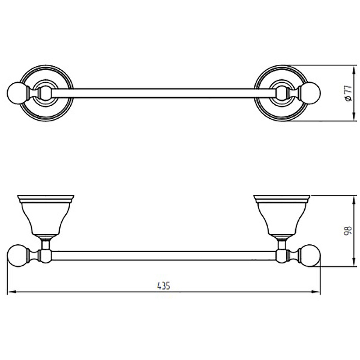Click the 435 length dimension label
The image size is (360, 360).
(163, 286)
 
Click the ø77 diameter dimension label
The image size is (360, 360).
(348, 93)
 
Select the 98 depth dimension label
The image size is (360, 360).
(348, 231)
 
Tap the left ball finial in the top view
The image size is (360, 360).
(17, 93)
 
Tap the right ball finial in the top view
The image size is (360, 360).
(310, 93)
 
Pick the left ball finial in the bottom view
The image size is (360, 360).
(18, 256)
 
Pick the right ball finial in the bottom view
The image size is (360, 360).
(310, 256)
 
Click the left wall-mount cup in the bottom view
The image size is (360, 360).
(46, 216)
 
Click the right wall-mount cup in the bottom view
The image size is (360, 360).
(282, 216)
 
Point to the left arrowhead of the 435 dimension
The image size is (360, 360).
(12, 292)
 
